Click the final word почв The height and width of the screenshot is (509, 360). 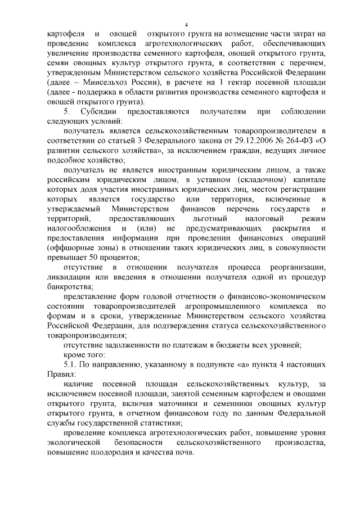tap(183, 452)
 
